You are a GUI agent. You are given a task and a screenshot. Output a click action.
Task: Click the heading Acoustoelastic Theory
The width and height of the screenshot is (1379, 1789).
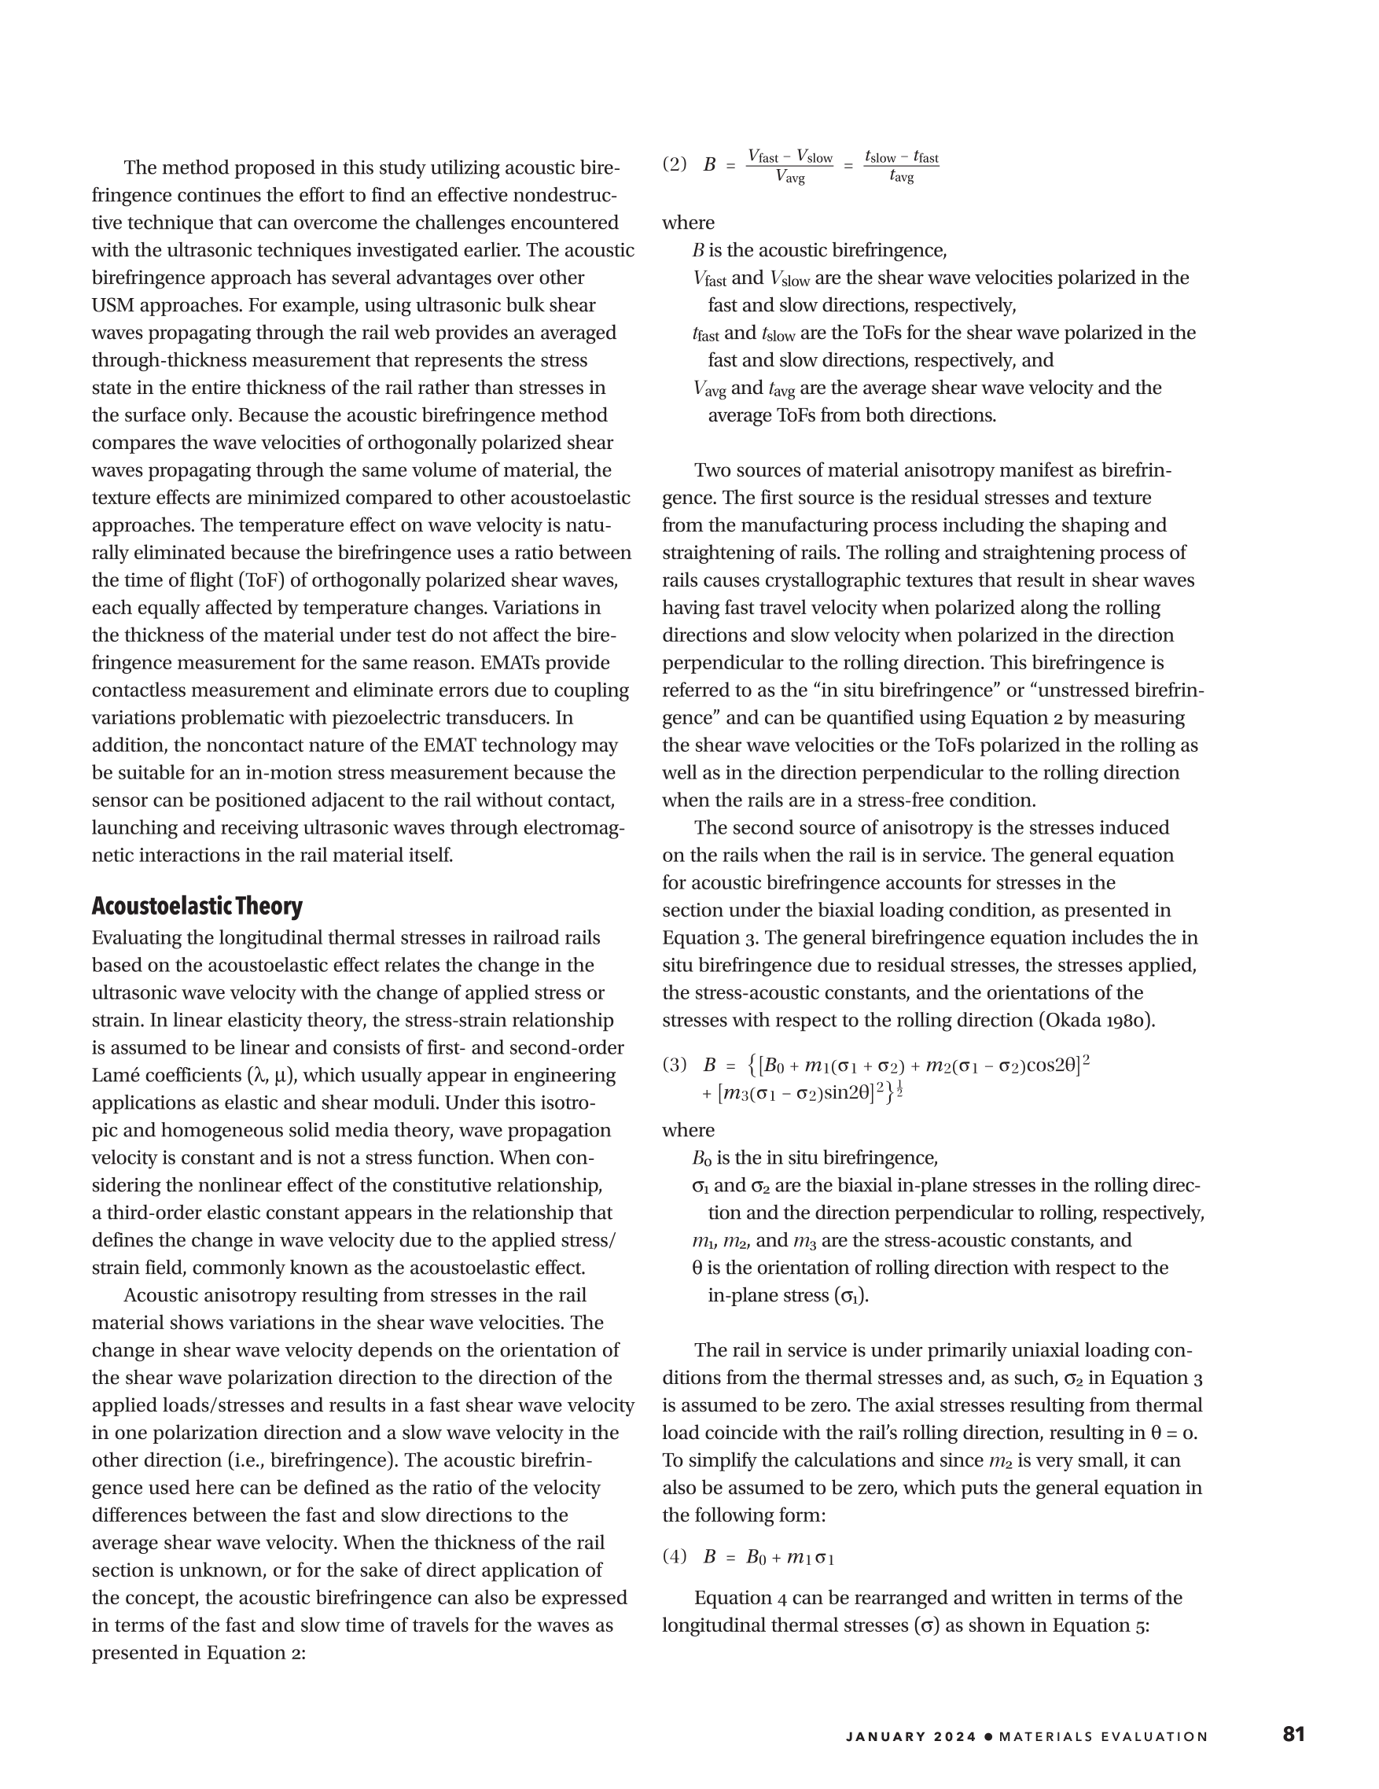(x=197, y=906)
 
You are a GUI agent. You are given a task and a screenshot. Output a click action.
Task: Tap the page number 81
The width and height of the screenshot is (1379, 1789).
(x=1294, y=1733)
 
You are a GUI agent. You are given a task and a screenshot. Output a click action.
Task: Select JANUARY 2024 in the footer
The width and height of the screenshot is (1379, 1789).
(x=910, y=1736)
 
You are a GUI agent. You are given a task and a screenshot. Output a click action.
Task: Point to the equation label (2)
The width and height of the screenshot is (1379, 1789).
(x=675, y=164)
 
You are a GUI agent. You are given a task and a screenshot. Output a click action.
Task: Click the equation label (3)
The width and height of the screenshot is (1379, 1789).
(x=675, y=1065)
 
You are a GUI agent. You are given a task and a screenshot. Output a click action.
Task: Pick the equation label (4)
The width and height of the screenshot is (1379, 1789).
(x=675, y=1556)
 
